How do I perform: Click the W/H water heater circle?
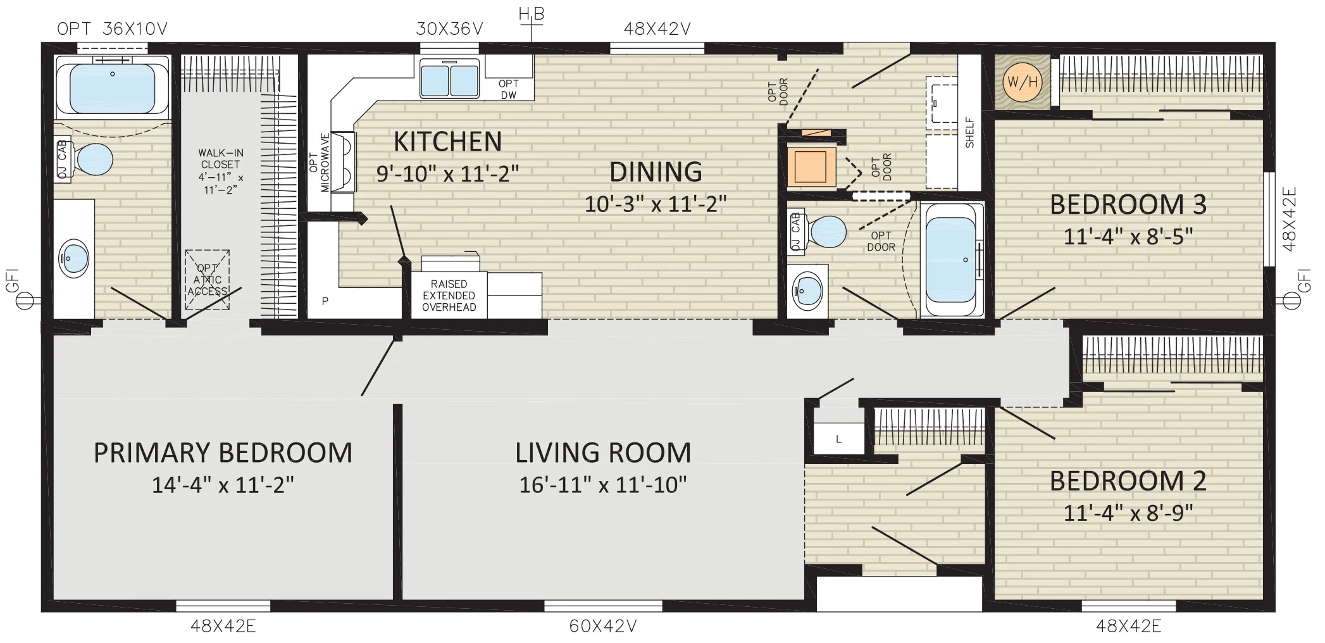(x=1022, y=82)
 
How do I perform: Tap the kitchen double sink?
(x=450, y=80)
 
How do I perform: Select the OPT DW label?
(x=509, y=89)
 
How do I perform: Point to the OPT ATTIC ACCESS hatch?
(x=208, y=280)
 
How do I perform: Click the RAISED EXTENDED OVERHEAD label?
(x=449, y=296)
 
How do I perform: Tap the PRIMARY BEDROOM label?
(x=223, y=453)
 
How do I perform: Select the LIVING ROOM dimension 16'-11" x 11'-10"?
(x=603, y=485)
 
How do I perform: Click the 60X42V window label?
(x=603, y=626)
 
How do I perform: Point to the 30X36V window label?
(x=450, y=28)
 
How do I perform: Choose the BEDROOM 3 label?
(x=1128, y=204)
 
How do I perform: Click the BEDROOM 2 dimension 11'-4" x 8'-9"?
(x=1128, y=513)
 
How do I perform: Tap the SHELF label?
(x=969, y=133)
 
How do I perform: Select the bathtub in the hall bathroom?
(x=951, y=259)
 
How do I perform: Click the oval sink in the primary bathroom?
(x=75, y=258)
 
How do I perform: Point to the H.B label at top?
(x=532, y=14)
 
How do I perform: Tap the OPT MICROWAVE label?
(x=320, y=162)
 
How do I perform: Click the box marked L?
(x=838, y=439)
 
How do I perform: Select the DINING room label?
(x=656, y=172)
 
